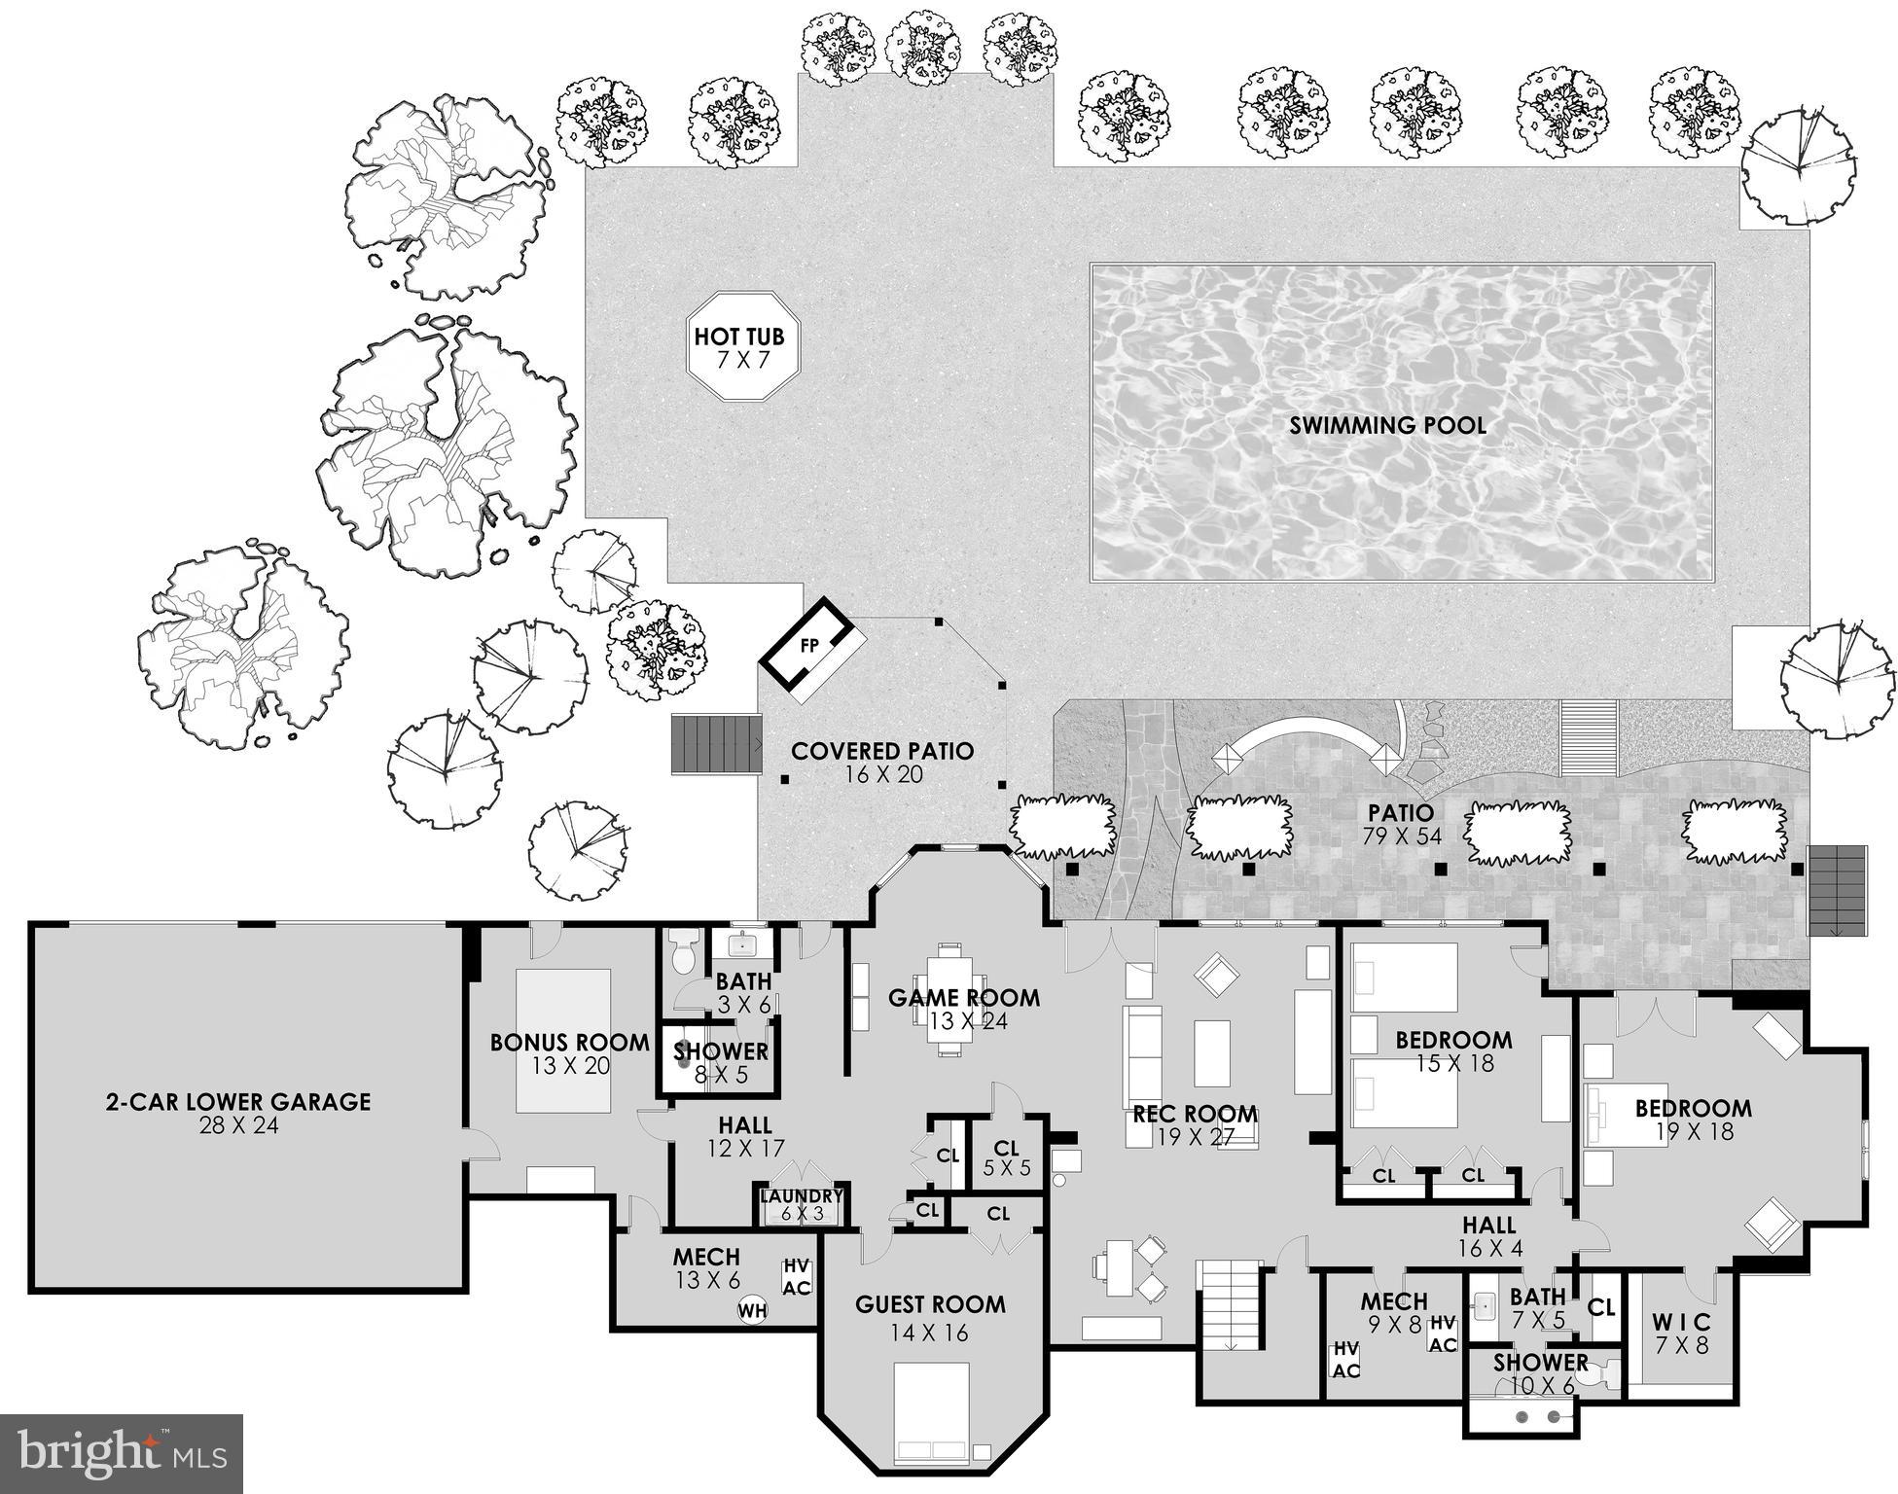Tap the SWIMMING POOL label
point(1387,425)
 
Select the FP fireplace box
point(810,647)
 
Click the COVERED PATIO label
point(881,763)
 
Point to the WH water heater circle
point(752,1310)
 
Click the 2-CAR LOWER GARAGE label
point(238,1113)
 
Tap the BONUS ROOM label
point(569,1053)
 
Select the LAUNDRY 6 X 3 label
point(802,1204)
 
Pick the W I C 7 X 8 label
point(1681,1334)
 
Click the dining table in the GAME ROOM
point(948,999)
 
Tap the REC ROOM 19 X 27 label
point(1195,1124)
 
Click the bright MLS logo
point(122,1454)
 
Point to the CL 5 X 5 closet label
point(1006,1158)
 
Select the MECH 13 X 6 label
point(706,1268)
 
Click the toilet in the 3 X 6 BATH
point(682,952)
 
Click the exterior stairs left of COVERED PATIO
point(716,744)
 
